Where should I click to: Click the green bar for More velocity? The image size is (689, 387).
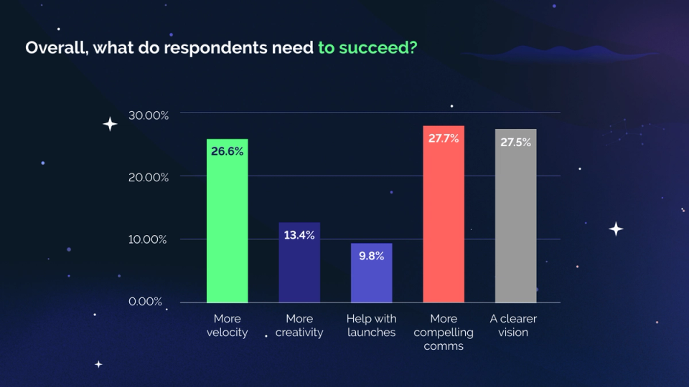pos(227,222)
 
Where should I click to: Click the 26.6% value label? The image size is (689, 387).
pos(227,151)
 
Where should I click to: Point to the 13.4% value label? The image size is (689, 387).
pos(299,235)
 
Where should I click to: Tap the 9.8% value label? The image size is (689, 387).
pos(371,256)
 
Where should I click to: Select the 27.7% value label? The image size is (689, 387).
pos(444,138)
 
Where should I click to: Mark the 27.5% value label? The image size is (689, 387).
pos(515,143)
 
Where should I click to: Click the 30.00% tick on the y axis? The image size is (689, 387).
pos(149,114)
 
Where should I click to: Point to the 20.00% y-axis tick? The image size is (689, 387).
pos(149,177)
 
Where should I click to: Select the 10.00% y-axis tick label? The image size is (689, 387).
pos(149,239)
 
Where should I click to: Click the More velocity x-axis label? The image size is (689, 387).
pos(227,325)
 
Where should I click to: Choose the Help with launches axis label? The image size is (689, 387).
pos(371,325)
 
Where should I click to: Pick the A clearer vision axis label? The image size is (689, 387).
pos(513,325)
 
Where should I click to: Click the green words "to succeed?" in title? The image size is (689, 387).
pos(367,49)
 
